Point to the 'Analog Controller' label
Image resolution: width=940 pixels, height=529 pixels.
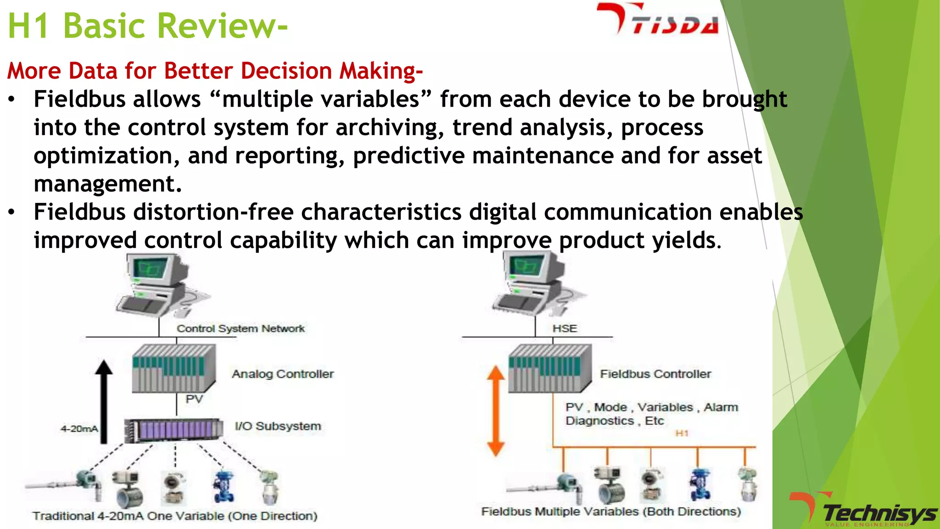pos(283,374)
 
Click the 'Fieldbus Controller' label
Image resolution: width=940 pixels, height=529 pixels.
pos(655,374)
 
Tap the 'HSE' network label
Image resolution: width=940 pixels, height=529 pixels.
pos(565,328)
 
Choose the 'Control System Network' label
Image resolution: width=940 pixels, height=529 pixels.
pos(241,328)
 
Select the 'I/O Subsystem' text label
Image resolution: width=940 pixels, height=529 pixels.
pos(278,426)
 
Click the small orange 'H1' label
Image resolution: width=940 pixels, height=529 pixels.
pos(682,433)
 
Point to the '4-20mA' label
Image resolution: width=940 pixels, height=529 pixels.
pos(79,429)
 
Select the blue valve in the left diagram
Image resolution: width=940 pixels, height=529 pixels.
pos(224,487)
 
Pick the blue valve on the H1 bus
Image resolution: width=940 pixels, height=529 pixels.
pos(700,484)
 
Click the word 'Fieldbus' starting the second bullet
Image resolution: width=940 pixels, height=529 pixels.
pos(79,212)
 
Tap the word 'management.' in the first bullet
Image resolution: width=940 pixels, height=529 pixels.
pos(108,184)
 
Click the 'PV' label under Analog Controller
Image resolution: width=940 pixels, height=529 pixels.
pos(194,399)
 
